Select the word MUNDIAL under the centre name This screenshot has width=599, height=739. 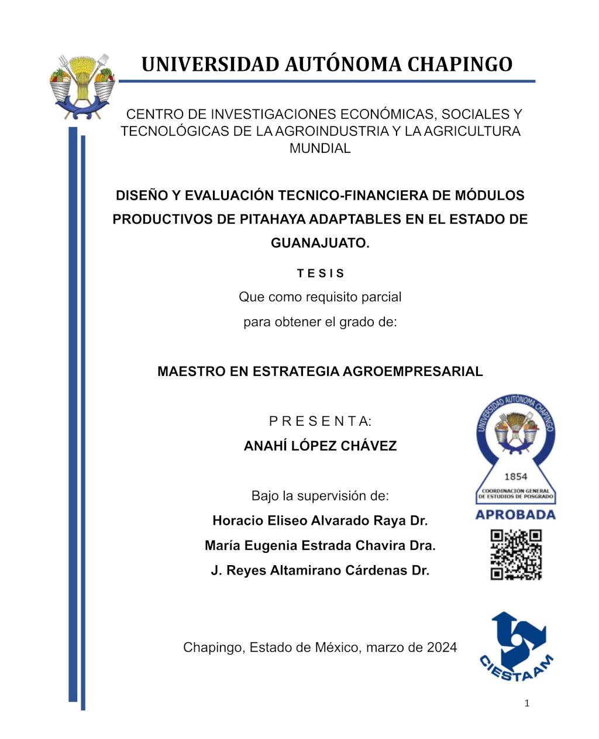click(x=320, y=149)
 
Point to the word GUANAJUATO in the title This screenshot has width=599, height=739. click(x=319, y=243)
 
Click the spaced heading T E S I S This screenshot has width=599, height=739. click(x=321, y=273)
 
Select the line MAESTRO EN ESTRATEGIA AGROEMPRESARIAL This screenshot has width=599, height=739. click(x=320, y=371)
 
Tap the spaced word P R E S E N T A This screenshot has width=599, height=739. click(x=320, y=421)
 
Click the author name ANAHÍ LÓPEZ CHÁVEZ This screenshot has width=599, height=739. click(x=320, y=446)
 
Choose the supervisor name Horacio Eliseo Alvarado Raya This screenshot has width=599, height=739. click(x=310, y=521)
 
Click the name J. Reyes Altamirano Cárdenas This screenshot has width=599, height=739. click(x=310, y=570)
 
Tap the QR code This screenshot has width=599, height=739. click(x=515, y=555)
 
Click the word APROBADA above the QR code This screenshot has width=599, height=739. click(x=515, y=515)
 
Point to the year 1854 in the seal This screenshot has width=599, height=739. click(x=515, y=477)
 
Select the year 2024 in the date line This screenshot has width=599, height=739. click(x=442, y=648)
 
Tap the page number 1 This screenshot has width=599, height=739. click(x=526, y=703)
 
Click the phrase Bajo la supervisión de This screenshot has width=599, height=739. click(x=320, y=496)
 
